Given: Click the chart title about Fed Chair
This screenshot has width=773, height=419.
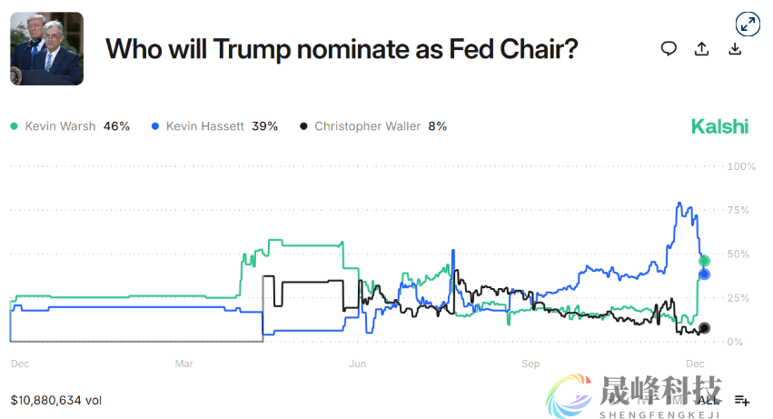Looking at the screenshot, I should [x=342, y=49].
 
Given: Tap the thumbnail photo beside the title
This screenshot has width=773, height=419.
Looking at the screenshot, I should [x=46, y=49].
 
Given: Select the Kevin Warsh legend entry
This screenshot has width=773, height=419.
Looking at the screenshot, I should [x=71, y=126].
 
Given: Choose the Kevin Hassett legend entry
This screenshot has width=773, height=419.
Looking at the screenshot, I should [x=214, y=126].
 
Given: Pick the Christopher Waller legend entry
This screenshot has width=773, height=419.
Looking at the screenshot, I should [x=372, y=126].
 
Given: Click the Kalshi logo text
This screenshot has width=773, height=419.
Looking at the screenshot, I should [x=719, y=126].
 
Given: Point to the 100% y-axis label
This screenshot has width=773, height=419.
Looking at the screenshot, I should [x=741, y=167].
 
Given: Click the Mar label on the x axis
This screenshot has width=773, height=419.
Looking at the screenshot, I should [x=184, y=364].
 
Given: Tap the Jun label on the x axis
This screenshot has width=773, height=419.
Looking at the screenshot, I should [x=358, y=364].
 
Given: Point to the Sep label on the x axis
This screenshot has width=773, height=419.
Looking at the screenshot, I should [x=530, y=364].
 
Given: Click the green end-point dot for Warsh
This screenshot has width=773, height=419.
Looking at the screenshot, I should [x=704, y=261].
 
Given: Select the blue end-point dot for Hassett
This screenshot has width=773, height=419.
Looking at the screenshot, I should [x=704, y=274].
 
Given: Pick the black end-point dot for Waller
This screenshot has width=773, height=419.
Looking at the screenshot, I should [x=704, y=328].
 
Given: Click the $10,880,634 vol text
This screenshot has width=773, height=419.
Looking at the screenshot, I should [x=56, y=399].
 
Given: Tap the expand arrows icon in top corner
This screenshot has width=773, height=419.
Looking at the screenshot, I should [x=747, y=25].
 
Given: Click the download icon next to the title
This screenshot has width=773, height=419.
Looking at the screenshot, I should [x=735, y=49].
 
